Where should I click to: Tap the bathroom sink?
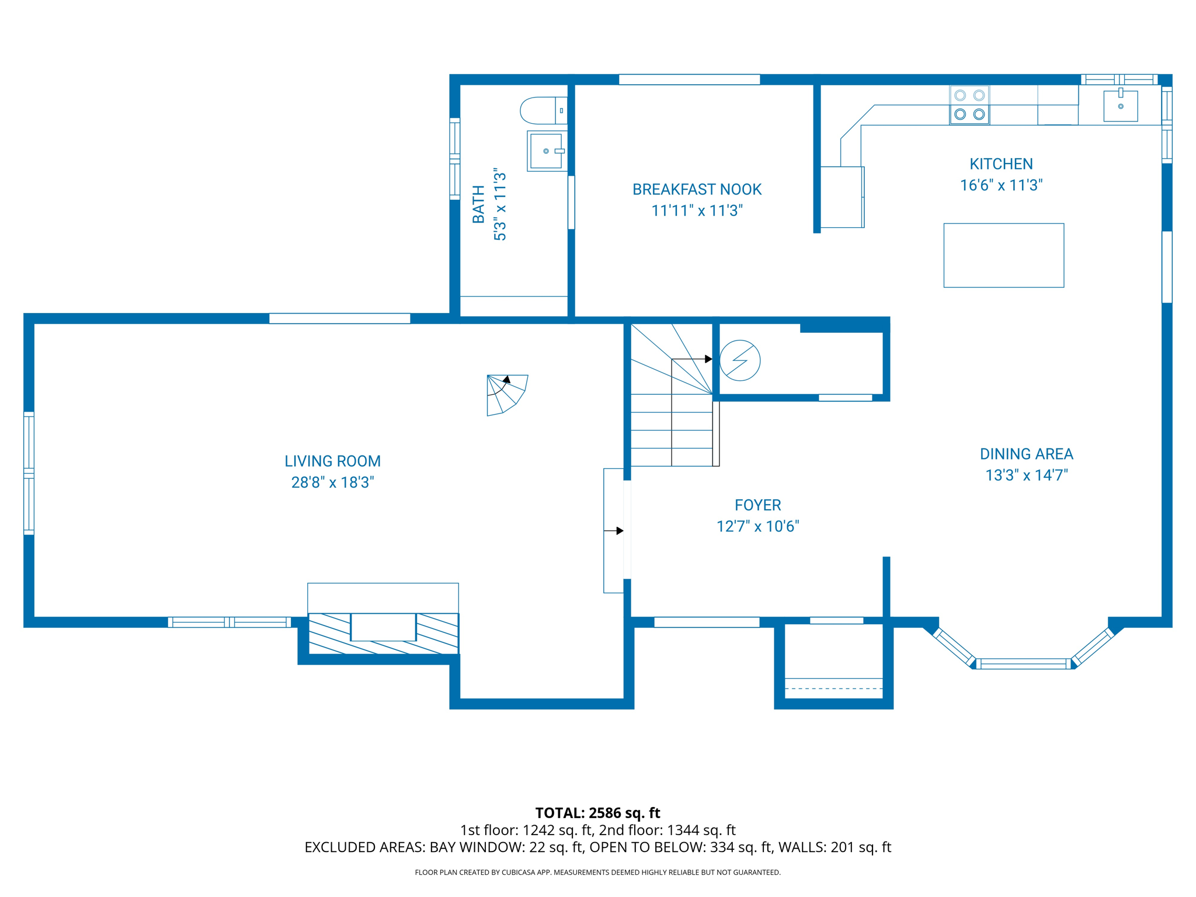click(x=545, y=151)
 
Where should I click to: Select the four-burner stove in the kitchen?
click(x=969, y=105)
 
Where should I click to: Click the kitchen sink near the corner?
click(x=1120, y=106)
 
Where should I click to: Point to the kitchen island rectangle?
click(x=1003, y=255)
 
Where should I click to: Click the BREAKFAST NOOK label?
click(x=697, y=189)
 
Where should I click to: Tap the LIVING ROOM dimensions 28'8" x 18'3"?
click(x=332, y=482)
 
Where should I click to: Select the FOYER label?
click(x=757, y=505)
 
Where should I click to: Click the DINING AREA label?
click(x=1026, y=454)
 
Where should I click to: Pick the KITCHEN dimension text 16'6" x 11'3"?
click(x=1001, y=185)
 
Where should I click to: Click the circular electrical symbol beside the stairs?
click(x=739, y=360)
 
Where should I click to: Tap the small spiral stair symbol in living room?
click(x=505, y=394)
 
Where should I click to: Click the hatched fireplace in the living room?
click(x=383, y=633)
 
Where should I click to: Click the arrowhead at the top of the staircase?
click(x=708, y=359)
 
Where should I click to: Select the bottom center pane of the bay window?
click(x=1023, y=663)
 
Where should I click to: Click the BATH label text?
click(x=478, y=204)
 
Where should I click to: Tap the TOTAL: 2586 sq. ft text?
click(x=597, y=812)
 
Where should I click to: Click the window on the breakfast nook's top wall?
click(x=689, y=79)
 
